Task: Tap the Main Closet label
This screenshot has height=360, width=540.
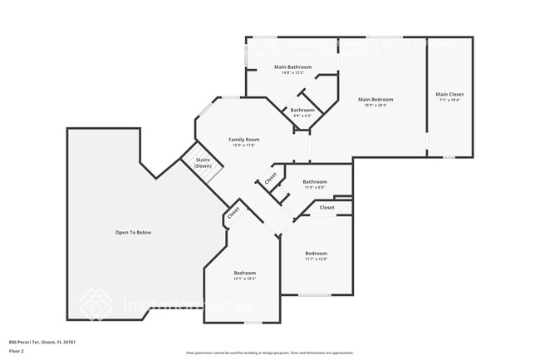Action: (449, 94)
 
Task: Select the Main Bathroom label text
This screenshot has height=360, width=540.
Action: (293, 67)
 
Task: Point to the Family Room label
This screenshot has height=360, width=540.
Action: (244, 140)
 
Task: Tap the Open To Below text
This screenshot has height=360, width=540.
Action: (133, 232)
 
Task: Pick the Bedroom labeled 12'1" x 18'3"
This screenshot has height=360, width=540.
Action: (244, 273)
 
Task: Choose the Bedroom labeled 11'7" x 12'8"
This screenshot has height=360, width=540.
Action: (316, 254)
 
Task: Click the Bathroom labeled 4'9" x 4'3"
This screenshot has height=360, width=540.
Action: (302, 110)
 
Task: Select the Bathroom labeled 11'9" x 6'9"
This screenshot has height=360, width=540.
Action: (315, 181)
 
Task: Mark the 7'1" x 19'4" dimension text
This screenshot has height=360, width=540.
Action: (449, 100)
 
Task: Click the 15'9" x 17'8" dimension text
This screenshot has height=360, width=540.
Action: (244, 145)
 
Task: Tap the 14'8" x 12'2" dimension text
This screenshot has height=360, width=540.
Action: (293, 72)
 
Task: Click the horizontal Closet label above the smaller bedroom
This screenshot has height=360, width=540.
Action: (326, 207)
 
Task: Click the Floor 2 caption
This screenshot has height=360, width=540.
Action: (17, 350)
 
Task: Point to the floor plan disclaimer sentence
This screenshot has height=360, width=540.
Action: (270, 353)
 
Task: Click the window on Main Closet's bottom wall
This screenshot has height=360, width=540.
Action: (449, 155)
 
